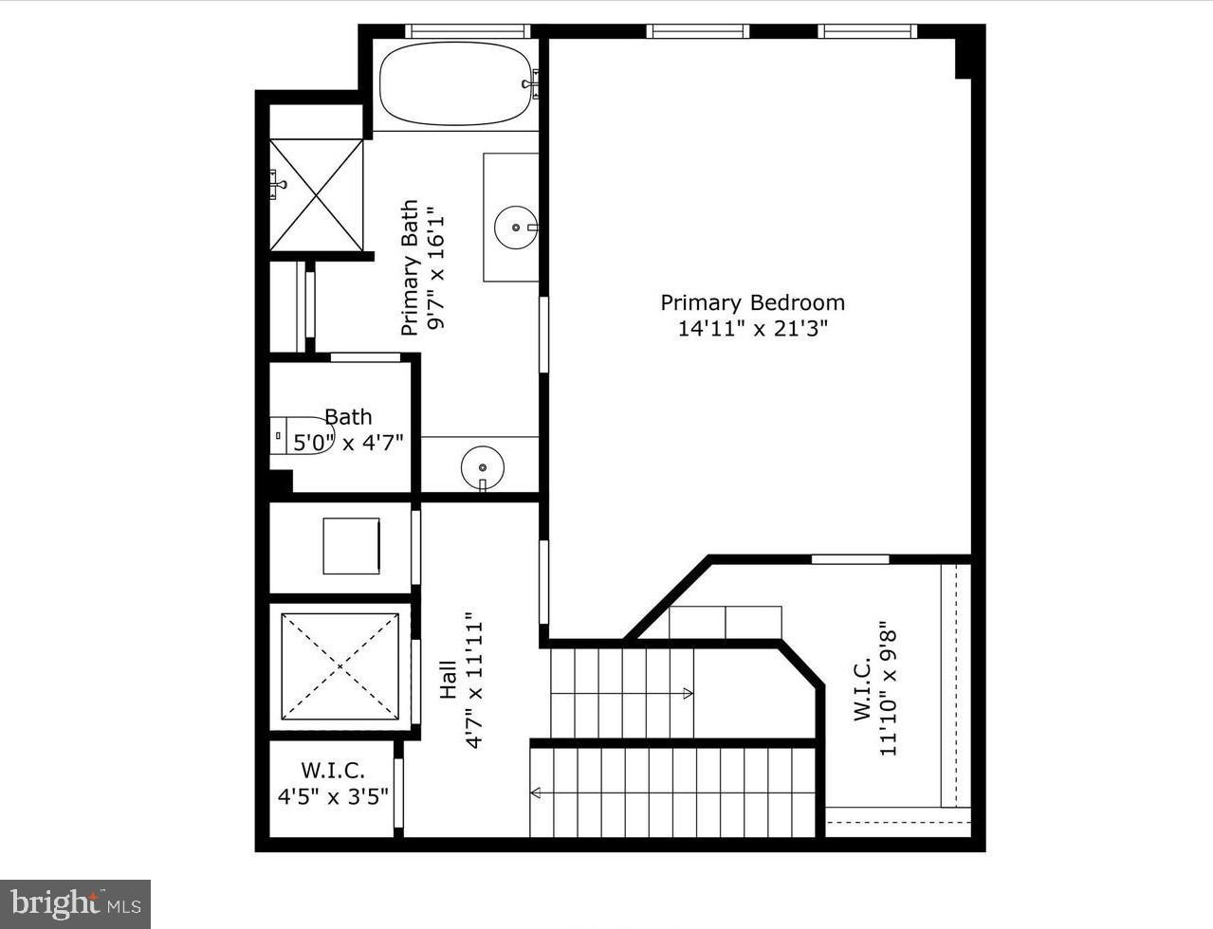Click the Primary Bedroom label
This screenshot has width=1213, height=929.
(x=752, y=302)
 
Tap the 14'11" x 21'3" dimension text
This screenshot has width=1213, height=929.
(x=752, y=329)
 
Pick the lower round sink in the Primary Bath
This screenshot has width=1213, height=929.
(x=483, y=467)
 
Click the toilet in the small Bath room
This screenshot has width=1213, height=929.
(x=302, y=435)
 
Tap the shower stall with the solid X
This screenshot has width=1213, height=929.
(x=317, y=195)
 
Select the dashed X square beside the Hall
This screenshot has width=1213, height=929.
(x=340, y=666)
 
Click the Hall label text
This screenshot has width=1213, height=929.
(x=449, y=680)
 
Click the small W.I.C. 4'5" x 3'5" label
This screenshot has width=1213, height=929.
(x=333, y=784)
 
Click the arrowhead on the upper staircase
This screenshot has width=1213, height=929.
(x=688, y=694)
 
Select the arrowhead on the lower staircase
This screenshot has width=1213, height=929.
(x=536, y=793)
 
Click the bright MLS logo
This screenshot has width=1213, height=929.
(x=75, y=904)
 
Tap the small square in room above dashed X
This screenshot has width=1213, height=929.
(x=351, y=546)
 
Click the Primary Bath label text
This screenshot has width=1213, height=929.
(x=409, y=267)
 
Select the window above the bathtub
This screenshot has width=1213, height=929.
(x=467, y=31)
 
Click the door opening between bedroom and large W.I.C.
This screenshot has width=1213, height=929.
(x=850, y=559)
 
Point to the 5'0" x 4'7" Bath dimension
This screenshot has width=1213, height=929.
(x=348, y=442)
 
